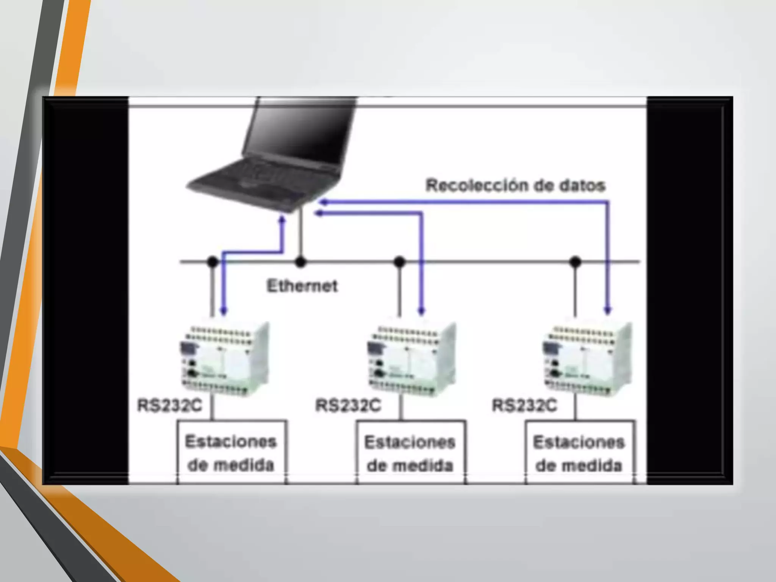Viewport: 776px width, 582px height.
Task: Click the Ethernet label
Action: point(302,286)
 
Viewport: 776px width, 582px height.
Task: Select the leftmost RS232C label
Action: point(169,405)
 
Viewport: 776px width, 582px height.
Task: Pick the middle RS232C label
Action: point(348,405)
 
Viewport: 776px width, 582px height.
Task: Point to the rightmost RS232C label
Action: point(524,405)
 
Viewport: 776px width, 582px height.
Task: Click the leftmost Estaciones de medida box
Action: point(231,452)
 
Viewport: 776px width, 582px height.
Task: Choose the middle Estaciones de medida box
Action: point(410,453)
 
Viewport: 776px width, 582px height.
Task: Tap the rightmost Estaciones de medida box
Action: point(579,453)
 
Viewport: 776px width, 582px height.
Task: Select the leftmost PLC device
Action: point(225,358)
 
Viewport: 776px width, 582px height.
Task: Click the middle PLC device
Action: point(411,358)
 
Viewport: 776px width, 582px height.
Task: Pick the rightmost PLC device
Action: point(587,358)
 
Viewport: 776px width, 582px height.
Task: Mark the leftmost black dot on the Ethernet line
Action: point(213,261)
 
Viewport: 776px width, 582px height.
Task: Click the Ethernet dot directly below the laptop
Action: point(300,261)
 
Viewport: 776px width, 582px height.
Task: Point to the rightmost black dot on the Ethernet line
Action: point(575,261)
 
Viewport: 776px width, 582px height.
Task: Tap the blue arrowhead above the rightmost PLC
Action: point(608,311)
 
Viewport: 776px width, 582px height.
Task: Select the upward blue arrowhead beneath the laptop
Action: point(282,220)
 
